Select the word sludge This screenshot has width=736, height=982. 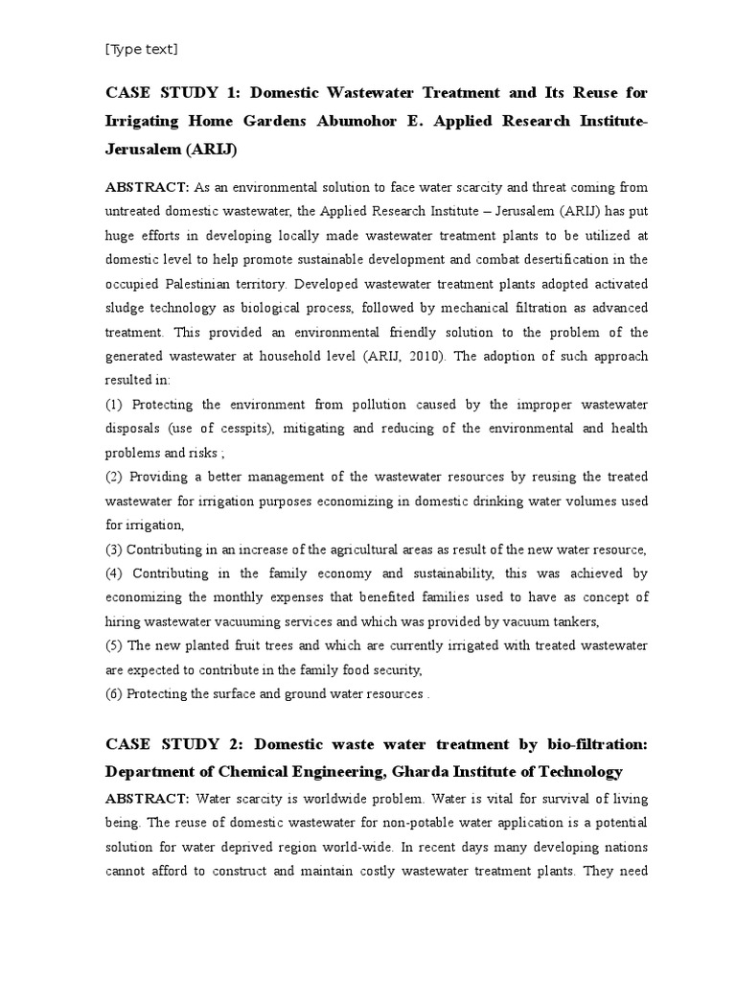126,309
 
